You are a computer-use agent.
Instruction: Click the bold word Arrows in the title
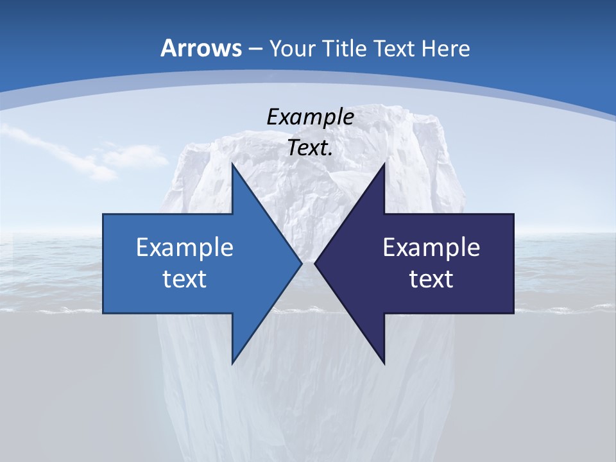[x=201, y=48]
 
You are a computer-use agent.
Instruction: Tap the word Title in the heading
[x=343, y=48]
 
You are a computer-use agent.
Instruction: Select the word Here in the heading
[x=445, y=48]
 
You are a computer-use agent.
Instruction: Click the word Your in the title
[x=292, y=48]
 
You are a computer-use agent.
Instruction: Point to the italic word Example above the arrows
[x=310, y=117]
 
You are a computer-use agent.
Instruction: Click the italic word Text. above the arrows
[x=310, y=148]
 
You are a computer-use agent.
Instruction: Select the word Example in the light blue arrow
[x=185, y=247]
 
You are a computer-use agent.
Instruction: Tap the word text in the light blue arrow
[x=185, y=278]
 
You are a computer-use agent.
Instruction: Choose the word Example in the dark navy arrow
[x=431, y=247]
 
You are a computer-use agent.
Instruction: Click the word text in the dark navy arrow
[x=431, y=278]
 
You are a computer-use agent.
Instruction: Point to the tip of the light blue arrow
[x=302, y=263]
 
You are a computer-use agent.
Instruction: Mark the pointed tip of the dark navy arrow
[x=314, y=263]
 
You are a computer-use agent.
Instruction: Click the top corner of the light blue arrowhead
[x=232, y=164]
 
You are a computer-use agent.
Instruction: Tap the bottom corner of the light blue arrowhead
[x=232, y=363]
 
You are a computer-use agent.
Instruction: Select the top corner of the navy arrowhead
[x=384, y=164]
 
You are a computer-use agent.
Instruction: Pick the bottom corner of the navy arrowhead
[x=384, y=363]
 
